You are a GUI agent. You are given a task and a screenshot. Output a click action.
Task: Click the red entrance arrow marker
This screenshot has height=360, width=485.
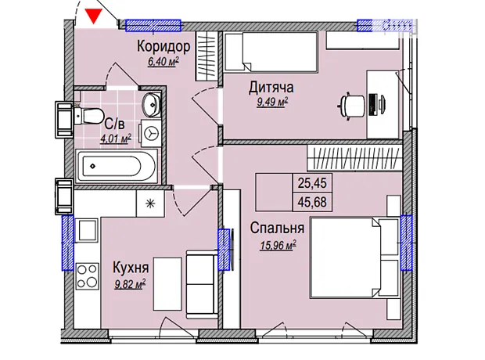pyautogui.click(x=95, y=15)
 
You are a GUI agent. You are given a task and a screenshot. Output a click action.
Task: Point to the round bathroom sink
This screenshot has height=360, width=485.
pyautogui.click(x=150, y=104)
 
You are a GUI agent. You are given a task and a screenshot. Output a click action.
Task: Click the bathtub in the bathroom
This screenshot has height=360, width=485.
pyautogui.click(x=118, y=166)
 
